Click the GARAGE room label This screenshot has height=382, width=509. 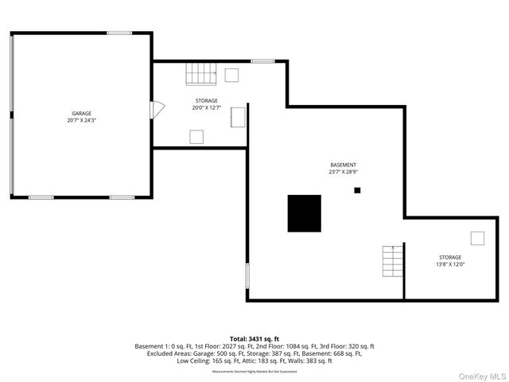point(82,114)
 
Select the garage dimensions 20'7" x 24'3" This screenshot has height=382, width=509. point(82,121)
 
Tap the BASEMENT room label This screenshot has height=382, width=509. point(343,165)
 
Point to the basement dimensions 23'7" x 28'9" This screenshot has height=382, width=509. point(343,172)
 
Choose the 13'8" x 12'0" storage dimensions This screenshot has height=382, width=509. point(450,264)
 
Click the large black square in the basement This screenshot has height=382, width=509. point(304,213)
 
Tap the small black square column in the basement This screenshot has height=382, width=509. point(358,189)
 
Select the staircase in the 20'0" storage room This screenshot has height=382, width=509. point(201,74)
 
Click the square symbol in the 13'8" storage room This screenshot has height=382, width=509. point(477,238)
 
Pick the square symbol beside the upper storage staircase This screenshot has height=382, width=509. point(231,75)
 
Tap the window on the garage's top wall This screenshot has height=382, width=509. point(120,33)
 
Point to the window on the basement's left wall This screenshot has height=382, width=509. point(247,276)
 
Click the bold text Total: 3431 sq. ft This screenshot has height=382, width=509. point(254,339)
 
